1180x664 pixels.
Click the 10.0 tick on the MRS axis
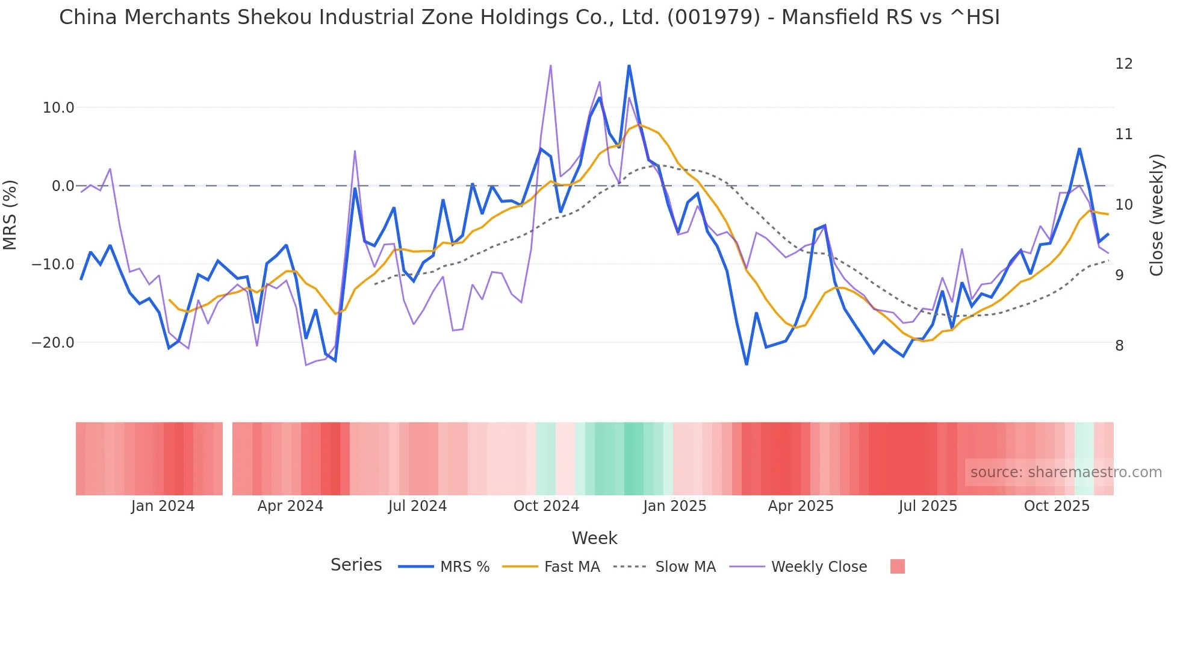point(58,108)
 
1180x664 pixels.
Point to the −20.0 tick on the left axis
point(53,343)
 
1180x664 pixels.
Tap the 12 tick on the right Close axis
point(1123,64)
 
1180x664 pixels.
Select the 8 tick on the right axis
point(1119,346)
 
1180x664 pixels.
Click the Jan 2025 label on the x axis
point(674,506)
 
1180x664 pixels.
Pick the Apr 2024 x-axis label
point(290,506)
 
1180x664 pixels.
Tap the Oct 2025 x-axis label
point(1057,506)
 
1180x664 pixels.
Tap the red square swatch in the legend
point(897,566)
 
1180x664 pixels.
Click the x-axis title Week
point(594,538)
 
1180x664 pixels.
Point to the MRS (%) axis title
point(10,215)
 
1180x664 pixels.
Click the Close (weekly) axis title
point(1156,215)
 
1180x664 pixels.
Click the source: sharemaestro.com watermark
point(1066,472)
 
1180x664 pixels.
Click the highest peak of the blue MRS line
point(629,66)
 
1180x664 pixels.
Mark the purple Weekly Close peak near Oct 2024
point(550,66)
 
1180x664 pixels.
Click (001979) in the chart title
point(714,17)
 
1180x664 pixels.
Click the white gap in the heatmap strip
point(228,459)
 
